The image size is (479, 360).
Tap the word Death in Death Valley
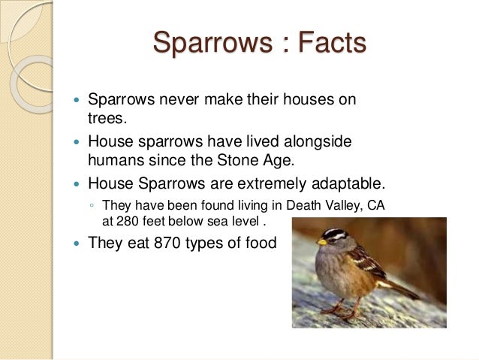click(285, 205)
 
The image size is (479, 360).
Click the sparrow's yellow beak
click(321, 242)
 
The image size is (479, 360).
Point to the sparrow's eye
click(333, 236)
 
